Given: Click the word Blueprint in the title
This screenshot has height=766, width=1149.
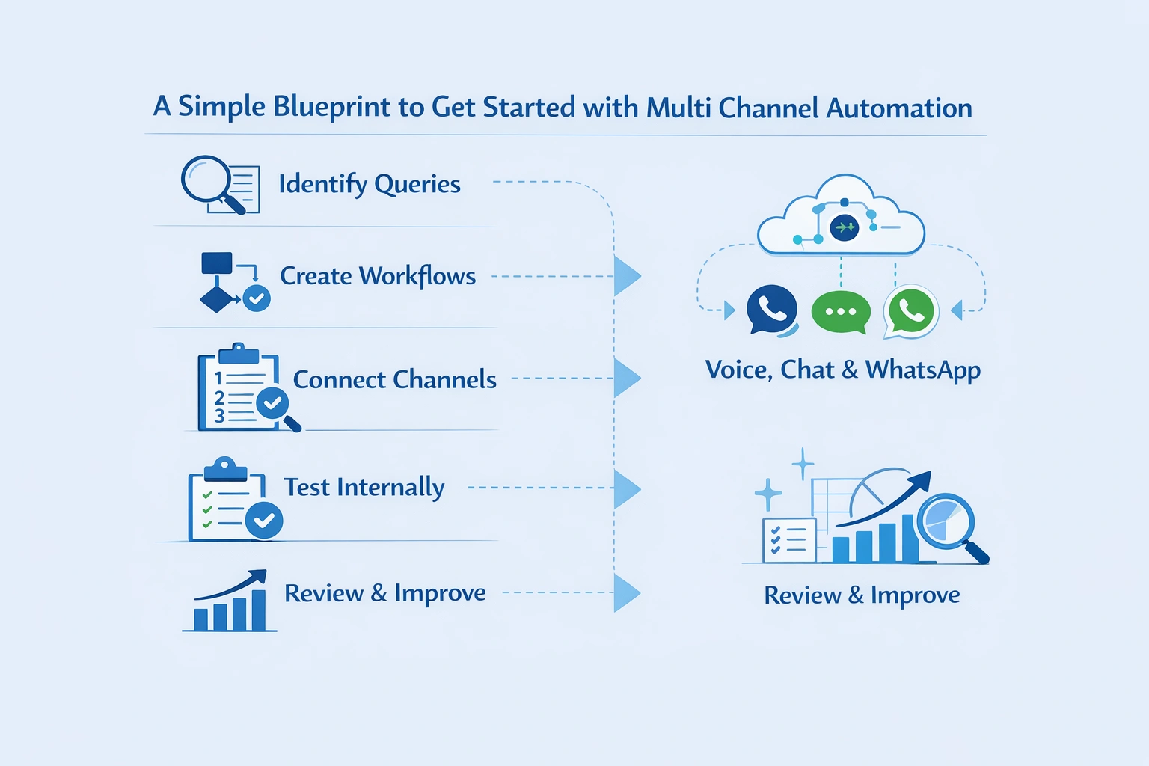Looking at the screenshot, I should click(x=331, y=108).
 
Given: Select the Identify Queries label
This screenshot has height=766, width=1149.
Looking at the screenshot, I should click(x=370, y=184).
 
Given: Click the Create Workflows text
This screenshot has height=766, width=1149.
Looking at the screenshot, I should click(x=378, y=276).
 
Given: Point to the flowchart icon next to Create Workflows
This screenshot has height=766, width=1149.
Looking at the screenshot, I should click(x=232, y=283).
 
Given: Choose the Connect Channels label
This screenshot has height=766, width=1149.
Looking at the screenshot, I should click(x=394, y=380).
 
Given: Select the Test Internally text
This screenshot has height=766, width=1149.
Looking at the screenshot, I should click(x=364, y=488).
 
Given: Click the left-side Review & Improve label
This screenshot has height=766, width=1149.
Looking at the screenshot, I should click(x=385, y=593).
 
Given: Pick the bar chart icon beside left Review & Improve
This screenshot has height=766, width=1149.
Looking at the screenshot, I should click(x=230, y=602).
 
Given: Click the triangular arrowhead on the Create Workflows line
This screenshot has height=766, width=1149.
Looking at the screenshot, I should click(x=626, y=276).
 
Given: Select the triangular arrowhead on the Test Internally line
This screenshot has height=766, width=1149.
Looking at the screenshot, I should click(x=626, y=488).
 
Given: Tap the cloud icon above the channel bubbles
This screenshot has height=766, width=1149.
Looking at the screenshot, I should click(x=842, y=217).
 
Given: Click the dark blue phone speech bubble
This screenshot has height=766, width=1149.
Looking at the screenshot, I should click(x=771, y=310).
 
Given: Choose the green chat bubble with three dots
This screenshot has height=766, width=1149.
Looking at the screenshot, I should click(x=841, y=312).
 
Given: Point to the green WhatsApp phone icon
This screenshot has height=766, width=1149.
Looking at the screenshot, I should click(x=910, y=310).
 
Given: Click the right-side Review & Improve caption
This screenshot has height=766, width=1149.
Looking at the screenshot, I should click(x=862, y=595).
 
